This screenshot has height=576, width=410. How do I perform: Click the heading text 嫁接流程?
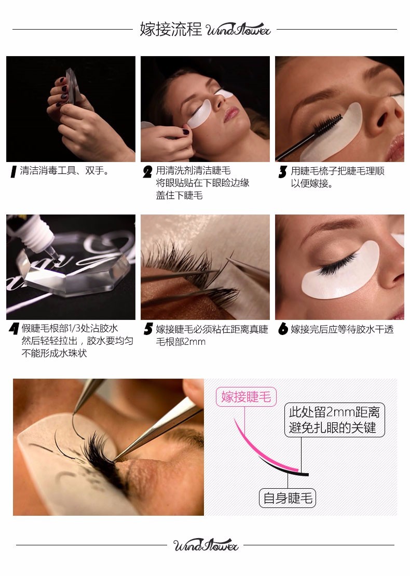[171, 29]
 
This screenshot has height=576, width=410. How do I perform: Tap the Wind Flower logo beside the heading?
[238, 30]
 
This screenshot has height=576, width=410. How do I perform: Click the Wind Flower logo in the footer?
[206, 545]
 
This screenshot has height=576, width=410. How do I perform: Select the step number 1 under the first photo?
[13, 172]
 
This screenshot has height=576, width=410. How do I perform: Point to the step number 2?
[147, 172]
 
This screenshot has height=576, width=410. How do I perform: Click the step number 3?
[282, 172]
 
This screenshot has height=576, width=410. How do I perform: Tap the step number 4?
[13, 329]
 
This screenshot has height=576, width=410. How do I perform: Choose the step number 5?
[148, 329]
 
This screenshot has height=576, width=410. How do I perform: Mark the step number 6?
[283, 329]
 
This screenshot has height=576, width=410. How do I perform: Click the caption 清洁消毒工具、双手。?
[65, 171]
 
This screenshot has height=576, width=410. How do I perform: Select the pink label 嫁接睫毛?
[246, 397]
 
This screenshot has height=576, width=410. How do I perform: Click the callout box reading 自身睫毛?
[288, 499]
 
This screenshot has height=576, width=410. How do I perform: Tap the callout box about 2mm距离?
[334, 421]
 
